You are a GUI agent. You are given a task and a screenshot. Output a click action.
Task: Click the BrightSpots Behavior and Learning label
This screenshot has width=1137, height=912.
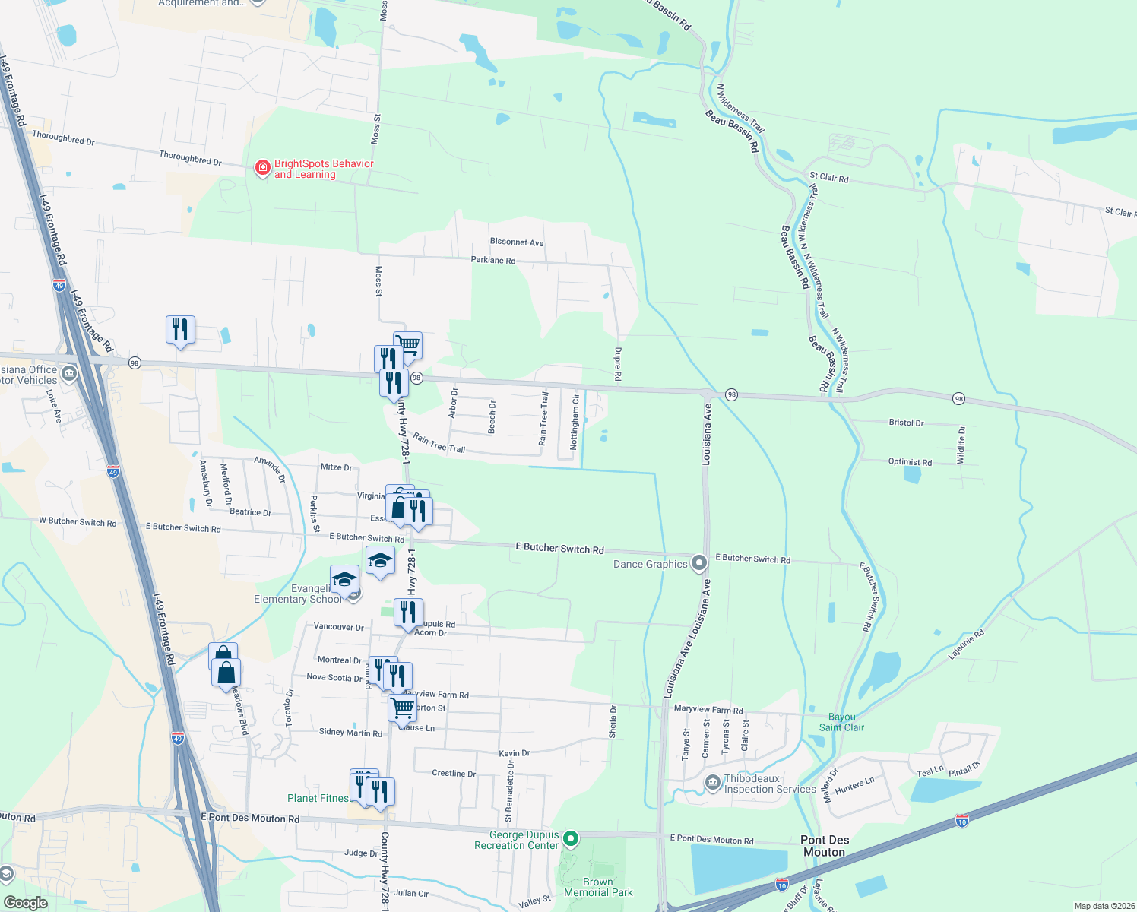point(323,169)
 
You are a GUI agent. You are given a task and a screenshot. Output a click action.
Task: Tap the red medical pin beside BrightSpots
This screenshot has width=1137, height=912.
point(262,168)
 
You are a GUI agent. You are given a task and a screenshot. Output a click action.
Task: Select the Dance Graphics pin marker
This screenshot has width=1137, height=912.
point(699,563)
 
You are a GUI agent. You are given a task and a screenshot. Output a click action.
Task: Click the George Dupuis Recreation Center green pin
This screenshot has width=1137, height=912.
point(570,839)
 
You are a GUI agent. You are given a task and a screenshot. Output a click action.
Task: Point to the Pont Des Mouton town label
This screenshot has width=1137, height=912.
point(825,846)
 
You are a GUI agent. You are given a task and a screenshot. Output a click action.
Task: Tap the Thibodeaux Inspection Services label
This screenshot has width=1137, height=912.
point(769,784)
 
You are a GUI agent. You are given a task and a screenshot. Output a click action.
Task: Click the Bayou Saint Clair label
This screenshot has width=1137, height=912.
point(841,722)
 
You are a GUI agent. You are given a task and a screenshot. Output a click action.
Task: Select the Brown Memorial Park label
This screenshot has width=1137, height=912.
point(598,888)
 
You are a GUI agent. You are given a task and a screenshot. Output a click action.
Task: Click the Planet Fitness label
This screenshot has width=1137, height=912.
point(318,798)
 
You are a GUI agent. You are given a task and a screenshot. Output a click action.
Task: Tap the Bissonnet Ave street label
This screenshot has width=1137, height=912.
point(517,242)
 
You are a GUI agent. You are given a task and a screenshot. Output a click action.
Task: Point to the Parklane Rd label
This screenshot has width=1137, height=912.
point(492,260)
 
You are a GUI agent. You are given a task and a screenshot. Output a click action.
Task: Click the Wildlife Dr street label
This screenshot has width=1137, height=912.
point(961,445)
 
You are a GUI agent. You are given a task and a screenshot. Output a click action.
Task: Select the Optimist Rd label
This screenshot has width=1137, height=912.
point(910,462)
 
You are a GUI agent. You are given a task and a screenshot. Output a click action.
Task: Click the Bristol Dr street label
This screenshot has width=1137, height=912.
point(906,423)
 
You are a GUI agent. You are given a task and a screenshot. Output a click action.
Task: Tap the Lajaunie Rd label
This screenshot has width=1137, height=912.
point(966,644)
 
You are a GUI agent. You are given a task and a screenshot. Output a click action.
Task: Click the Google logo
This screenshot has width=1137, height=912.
point(25,903)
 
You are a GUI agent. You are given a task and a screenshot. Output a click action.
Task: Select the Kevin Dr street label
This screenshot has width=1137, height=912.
point(514,753)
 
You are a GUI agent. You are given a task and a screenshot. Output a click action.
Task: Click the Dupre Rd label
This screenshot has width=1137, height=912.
point(617,365)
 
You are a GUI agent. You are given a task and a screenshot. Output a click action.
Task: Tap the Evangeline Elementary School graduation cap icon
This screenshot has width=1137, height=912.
point(344,580)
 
